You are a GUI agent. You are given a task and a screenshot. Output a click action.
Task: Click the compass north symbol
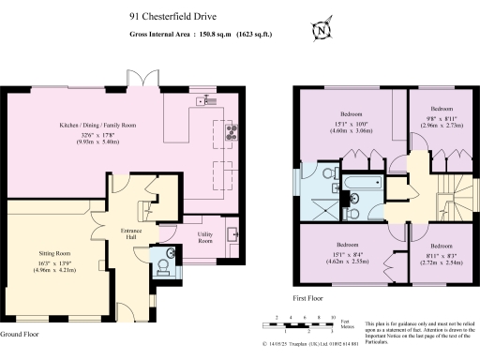323,30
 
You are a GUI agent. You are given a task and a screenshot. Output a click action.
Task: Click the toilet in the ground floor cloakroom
166,267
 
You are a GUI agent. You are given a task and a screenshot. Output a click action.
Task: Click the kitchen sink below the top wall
203,98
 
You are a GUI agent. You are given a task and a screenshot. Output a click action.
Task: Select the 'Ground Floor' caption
19,335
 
